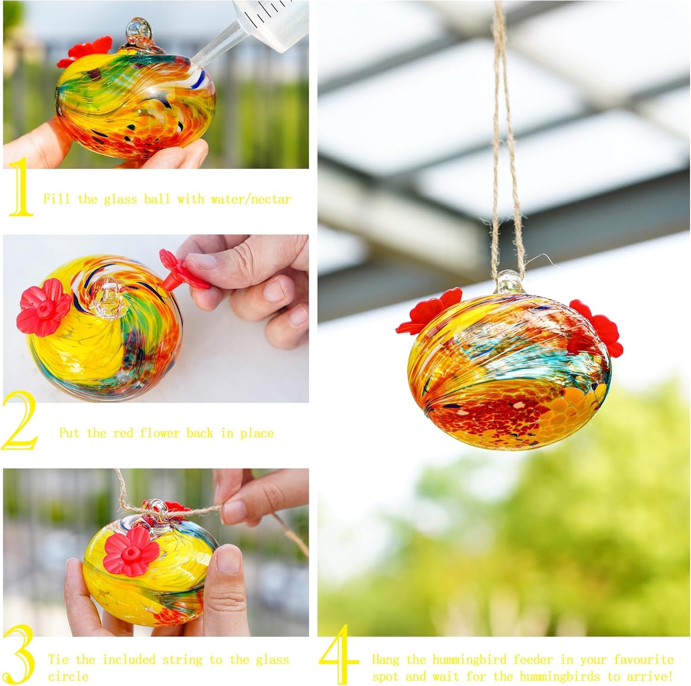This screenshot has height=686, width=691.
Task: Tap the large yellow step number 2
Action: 20,421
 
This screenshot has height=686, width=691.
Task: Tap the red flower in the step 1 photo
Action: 85,51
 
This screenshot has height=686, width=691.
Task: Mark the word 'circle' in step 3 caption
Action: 68,676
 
